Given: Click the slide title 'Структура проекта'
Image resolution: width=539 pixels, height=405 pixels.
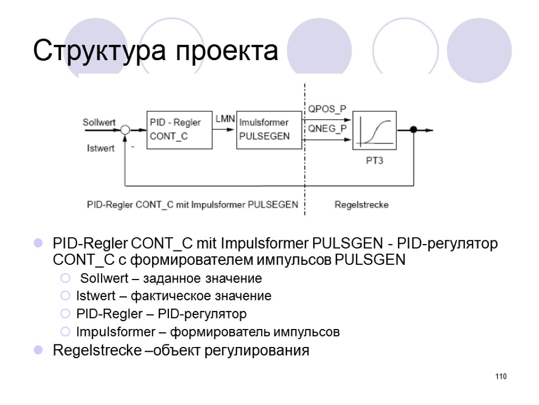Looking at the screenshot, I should click(x=155, y=51).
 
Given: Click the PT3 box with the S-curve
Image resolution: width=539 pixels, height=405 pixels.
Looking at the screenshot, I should click(x=374, y=130).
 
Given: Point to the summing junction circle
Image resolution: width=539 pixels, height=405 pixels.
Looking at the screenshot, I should click(x=125, y=130).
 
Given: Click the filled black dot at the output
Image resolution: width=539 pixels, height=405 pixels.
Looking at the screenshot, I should click(x=413, y=130).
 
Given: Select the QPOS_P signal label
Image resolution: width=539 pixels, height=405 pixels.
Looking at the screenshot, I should click(x=327, y=109).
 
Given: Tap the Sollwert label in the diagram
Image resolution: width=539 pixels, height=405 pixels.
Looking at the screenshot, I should click(x=99, y=122).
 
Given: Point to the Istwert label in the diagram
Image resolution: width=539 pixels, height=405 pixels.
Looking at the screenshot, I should click(x=100, y=148).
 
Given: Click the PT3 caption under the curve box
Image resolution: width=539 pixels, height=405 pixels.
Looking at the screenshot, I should click(x=374, y=161).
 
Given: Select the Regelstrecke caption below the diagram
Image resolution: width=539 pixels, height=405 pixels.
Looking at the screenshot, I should click(x=362, y=205).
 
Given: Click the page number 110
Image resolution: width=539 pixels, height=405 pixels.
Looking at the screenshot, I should click(x=500, y=377).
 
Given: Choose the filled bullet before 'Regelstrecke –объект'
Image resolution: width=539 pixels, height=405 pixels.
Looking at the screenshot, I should click(x=38, y=350).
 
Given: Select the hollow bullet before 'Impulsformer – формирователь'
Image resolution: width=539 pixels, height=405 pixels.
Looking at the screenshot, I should click(x=65, y=332).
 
